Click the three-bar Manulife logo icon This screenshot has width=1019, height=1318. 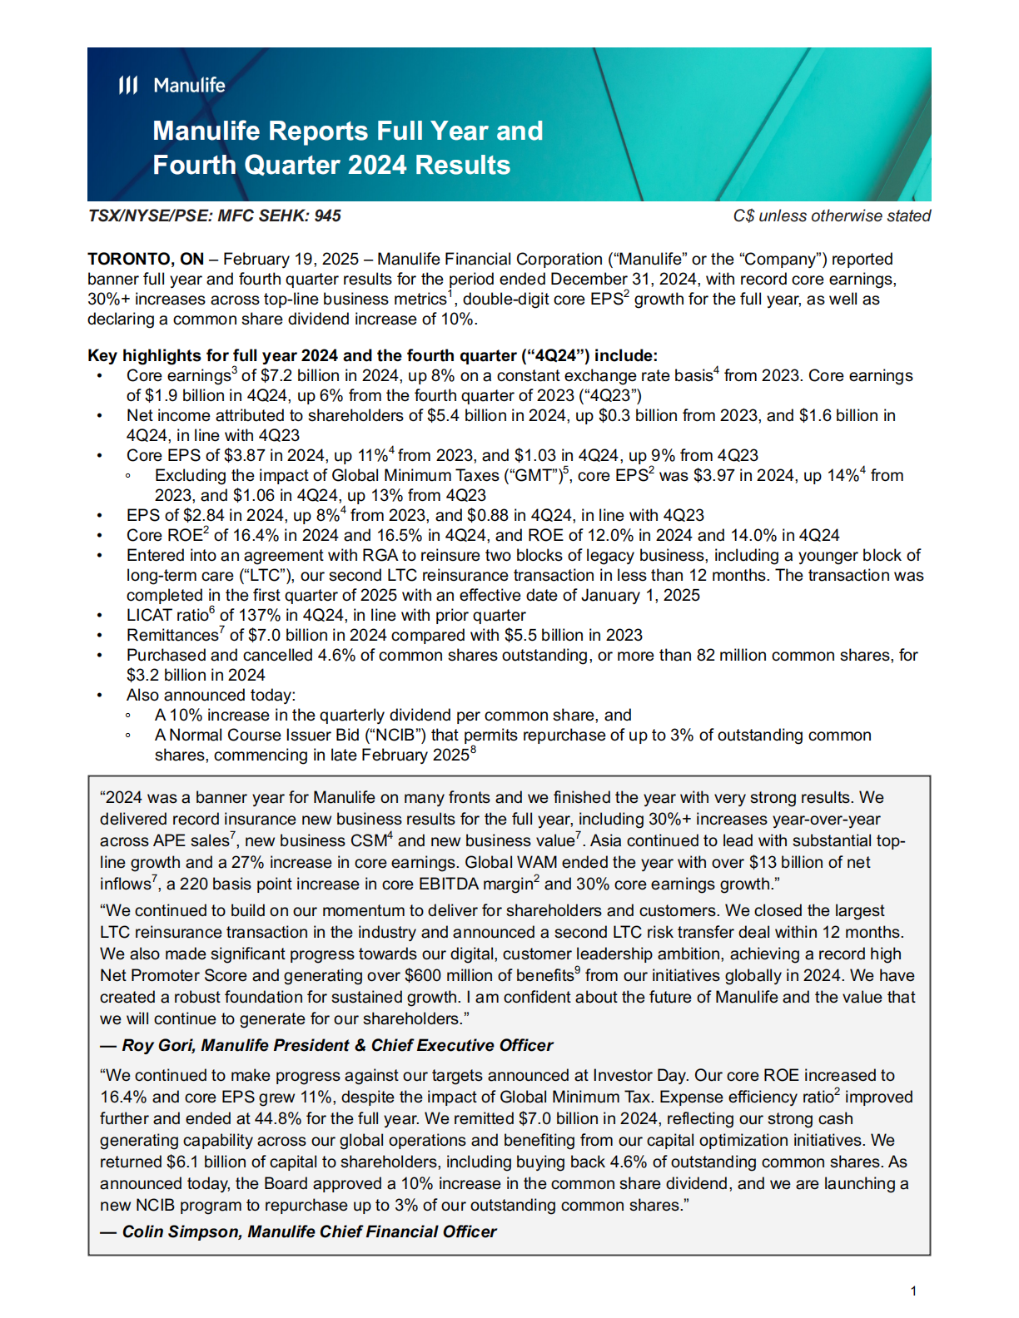(x=127, y=85)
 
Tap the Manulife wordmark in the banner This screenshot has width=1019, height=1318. (x=189, y=85)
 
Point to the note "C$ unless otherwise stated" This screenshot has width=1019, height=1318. (x=831, y=216)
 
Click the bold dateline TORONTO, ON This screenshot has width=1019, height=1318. (x=146, y=259)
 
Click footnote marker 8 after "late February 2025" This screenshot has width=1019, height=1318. (x=474, y=750)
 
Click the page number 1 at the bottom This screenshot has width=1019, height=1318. (x=913, y=1291)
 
